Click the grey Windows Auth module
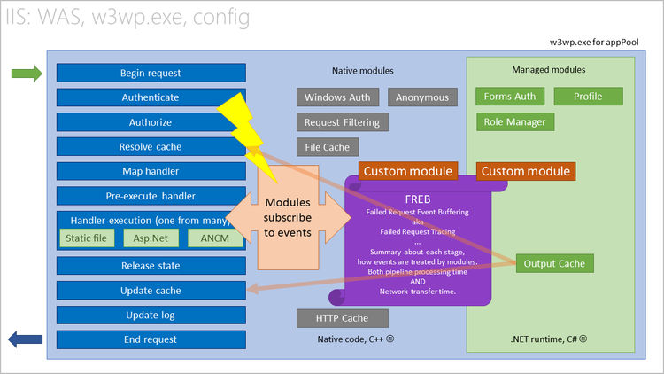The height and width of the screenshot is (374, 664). click(339, 97)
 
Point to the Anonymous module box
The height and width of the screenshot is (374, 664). click(422, 97)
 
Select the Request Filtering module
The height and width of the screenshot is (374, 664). click(342, 122)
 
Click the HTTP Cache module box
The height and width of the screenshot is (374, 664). click(342, 317)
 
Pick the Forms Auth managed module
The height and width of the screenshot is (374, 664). click(510, 97)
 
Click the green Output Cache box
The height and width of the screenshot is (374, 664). click(554, 263)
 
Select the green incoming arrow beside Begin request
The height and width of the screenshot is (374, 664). click(26, 74)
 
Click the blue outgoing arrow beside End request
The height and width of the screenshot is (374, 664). click(26, 339)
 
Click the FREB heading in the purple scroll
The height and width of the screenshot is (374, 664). click(415, 199)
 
